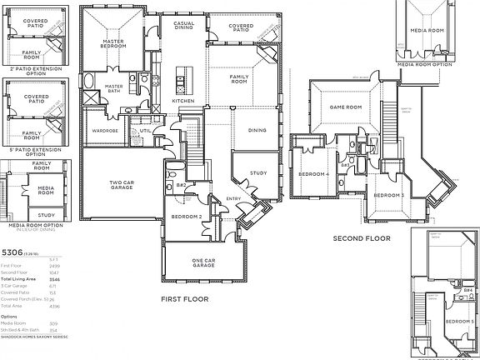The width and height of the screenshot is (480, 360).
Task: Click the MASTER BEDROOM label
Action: [113, 43]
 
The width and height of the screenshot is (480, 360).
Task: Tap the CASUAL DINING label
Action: [184, 27]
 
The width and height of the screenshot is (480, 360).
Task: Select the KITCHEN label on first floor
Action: [183, 101]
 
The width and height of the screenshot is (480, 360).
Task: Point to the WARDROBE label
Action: [106, 130]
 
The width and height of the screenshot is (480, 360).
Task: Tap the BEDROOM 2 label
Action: [185, 217]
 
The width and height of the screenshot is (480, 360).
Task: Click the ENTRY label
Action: [233, 198]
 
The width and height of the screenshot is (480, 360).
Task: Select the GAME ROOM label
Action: [344, 107]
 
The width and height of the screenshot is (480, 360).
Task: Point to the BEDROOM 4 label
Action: [316, 174]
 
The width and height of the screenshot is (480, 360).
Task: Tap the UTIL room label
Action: [144, 130]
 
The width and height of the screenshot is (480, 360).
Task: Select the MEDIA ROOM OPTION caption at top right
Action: [425, 62]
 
